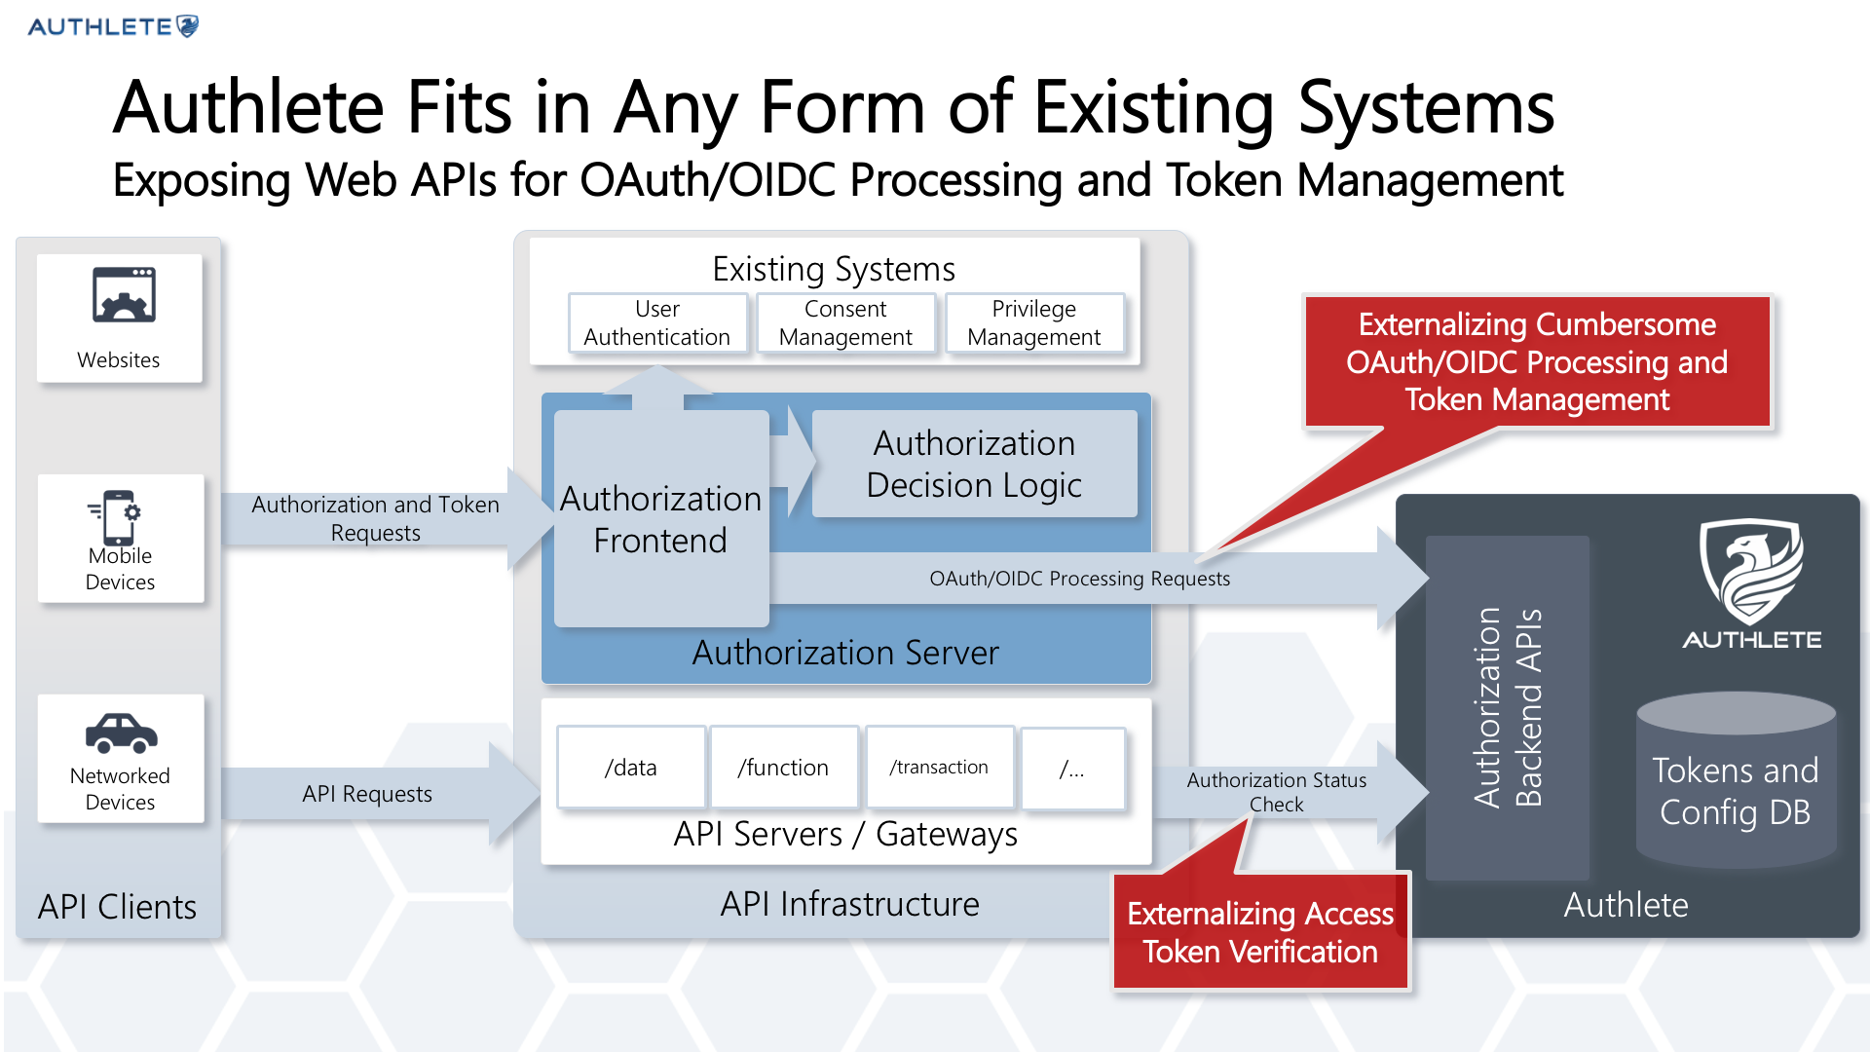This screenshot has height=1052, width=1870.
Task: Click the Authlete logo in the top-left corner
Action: click(x=113, y=26)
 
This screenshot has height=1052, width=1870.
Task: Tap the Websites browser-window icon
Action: click(x=124, y=294)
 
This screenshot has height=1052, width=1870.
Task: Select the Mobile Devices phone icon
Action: click(x=116, y=517)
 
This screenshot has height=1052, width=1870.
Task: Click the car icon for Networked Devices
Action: click(x=121, y=733)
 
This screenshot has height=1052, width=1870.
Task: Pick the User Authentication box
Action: click(x=657, y=322)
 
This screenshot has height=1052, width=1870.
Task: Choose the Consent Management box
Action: click(x=845, y=322)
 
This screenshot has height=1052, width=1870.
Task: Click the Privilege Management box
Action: click(x=1034, y=322)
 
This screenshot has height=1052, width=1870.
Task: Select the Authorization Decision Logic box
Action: click(x=974, y=464)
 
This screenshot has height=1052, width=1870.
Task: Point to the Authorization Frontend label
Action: click(x=660, y=519)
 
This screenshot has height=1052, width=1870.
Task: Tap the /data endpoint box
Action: click(x=631, y=768)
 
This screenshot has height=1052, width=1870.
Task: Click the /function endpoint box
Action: click(x=783, y=768)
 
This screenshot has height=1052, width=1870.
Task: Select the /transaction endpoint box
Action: click(x=939, y=768)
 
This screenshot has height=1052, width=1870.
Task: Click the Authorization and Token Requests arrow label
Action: click(x=375, y=518)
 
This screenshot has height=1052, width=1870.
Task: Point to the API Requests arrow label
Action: click(x=367, y=794)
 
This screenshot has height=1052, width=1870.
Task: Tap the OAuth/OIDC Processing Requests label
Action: click(x=1079, y=579)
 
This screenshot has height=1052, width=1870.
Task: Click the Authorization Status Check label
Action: click(x=1276, y=792)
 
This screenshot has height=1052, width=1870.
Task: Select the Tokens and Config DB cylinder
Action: click(x=1736, y=779)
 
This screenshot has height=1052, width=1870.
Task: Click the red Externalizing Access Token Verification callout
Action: click(x=1260, y=932)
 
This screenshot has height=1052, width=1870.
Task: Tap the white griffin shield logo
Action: click(x=1751, y=571)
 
